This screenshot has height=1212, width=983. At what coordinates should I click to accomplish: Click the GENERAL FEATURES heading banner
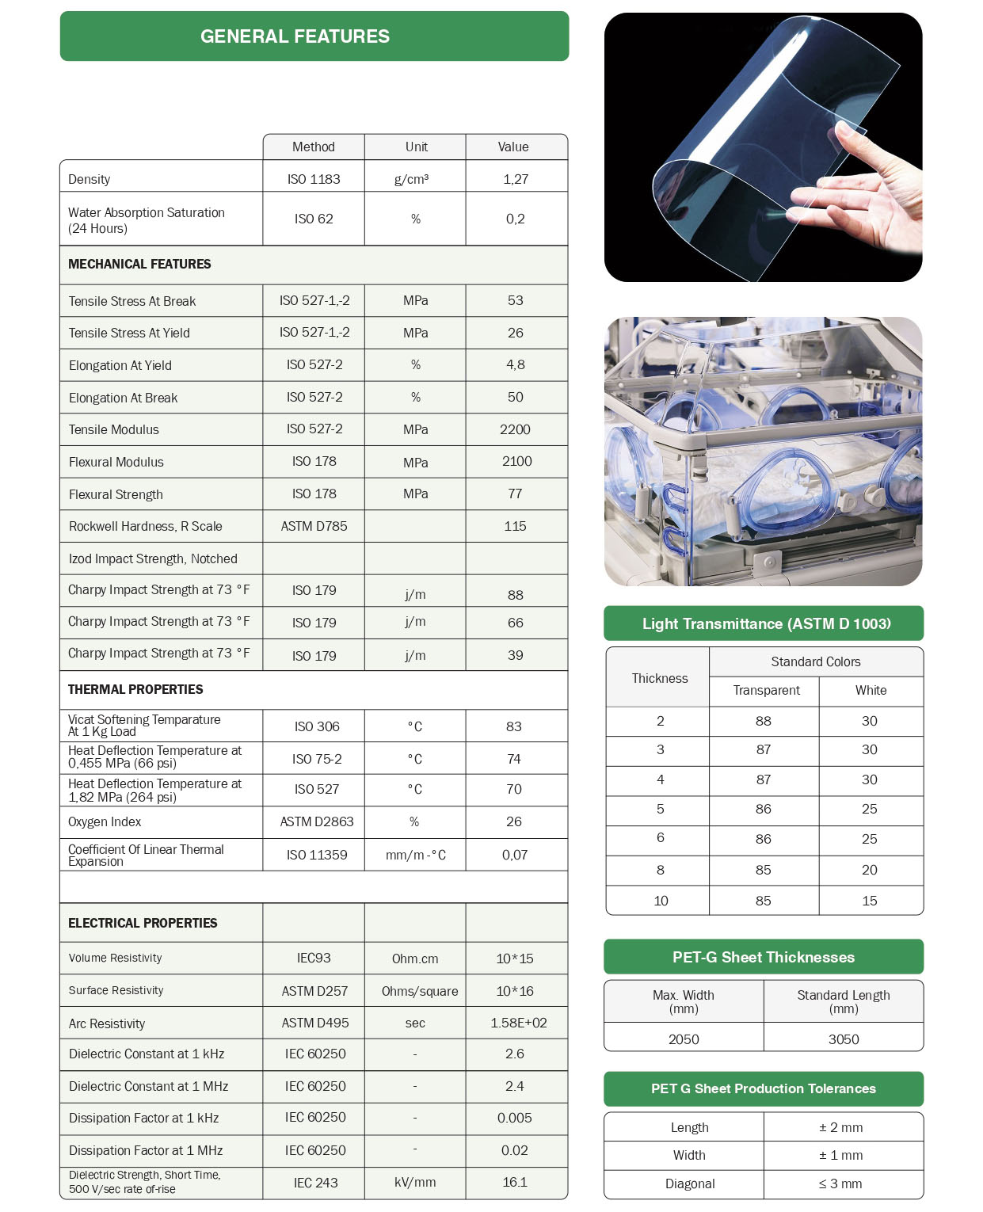314,36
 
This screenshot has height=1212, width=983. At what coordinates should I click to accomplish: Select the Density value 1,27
516,179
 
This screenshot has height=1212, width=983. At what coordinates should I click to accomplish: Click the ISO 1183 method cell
314,179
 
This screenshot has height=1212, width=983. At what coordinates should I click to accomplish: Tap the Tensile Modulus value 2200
515,429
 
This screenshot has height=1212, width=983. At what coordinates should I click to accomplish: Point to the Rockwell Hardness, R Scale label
146,526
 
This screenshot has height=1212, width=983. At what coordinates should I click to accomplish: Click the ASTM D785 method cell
314,526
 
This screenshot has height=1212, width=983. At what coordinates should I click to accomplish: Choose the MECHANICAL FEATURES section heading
139,264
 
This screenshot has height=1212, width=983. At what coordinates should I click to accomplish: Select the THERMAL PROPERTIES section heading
135,689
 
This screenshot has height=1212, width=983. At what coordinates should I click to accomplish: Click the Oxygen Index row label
105,821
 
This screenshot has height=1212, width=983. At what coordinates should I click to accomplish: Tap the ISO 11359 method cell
317,855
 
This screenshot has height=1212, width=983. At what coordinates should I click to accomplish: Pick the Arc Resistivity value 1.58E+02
518,1023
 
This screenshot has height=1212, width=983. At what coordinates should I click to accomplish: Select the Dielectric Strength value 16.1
515,1182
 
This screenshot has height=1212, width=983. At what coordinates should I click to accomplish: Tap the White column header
871,690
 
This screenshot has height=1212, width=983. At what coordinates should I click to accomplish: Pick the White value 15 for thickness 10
870,901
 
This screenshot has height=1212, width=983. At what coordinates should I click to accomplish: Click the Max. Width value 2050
684,1039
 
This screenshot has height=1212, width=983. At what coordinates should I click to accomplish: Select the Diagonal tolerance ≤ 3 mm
840,1183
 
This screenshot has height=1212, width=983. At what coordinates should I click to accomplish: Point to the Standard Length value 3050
844,1039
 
